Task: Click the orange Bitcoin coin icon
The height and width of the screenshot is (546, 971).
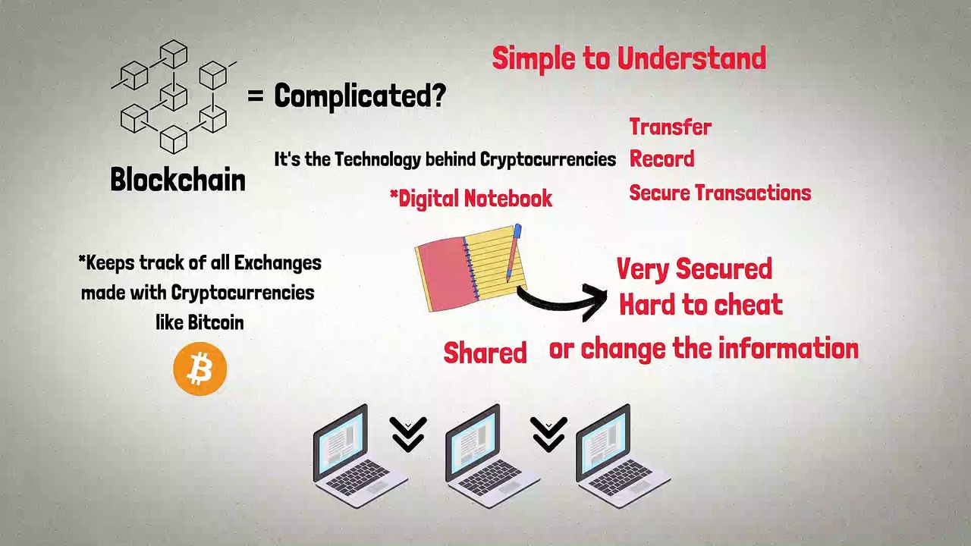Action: tap(200, 369)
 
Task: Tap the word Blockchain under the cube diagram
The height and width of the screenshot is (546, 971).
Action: tap(178, 180)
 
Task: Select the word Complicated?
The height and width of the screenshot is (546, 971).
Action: tap(360, 96)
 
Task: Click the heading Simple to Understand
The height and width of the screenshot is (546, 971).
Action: tap(629, 58)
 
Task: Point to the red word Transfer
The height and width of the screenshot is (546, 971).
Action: tap(671, 127)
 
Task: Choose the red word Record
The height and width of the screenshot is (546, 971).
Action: tap(661, 159)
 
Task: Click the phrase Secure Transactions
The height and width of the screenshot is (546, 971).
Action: tap(720, 193)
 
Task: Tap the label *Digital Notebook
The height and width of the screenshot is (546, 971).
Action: tap(470, 199)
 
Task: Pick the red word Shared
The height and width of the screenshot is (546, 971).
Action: tap(485, 353)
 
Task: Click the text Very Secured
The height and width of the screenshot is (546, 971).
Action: tap(694, 268)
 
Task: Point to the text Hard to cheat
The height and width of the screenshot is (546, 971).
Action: tap(700, 305)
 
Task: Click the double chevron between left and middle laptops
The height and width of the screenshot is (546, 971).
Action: tap(408, 434)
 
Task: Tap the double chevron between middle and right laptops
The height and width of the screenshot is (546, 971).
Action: tap(548, 434)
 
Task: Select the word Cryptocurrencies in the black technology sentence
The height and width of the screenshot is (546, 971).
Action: tap(548, 159)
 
